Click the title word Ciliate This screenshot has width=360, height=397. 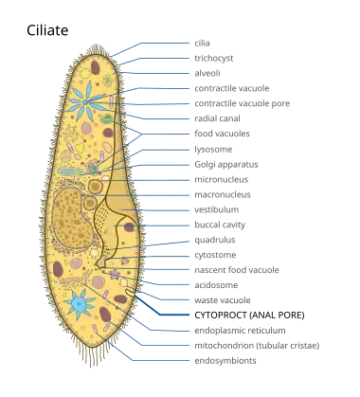[47, 30]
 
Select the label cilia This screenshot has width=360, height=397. [202, 43]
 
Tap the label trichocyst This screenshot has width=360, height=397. [214, 59]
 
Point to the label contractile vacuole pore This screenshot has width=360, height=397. [243, 103]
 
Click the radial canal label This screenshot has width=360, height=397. [217, 118]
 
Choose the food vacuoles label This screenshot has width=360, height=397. [222, 134]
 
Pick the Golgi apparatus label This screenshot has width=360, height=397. [226, 165]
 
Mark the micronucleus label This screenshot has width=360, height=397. [222, 179]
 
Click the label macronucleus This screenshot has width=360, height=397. [223, 194]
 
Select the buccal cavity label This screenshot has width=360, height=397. [220, 225]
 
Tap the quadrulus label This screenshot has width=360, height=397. [215, 240]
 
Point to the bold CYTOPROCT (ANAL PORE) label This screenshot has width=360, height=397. [249, 316]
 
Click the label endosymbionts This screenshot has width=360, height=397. [225, 361]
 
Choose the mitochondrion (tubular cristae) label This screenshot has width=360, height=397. [257, 346]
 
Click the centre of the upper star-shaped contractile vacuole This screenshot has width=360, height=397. [85, 101]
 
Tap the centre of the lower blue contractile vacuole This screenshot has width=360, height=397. [79, 304]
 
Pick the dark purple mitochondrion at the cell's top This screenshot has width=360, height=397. [96, 67]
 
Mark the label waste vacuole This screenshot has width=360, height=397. [223, 300]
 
